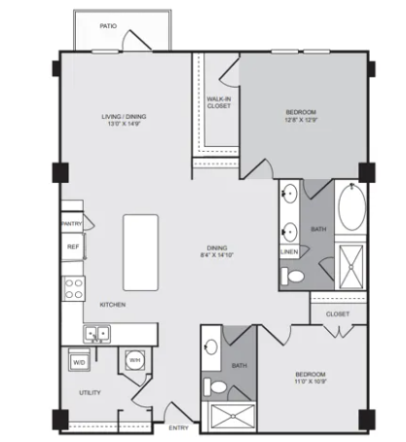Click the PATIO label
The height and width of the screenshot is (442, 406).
[x=108, y=26]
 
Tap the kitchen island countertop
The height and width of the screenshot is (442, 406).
[x=140, y=252]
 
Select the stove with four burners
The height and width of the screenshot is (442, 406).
[x=74, y=288]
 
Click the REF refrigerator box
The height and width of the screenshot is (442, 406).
[x=73, y=246]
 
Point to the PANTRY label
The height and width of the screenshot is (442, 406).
[x=72, y=224]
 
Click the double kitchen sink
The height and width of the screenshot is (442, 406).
[x=96, y=334]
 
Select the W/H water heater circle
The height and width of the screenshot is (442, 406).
[x=134, y=360]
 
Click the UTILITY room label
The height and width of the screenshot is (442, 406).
[x=90, y=392]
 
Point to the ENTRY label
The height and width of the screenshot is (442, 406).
[x=178, y=428]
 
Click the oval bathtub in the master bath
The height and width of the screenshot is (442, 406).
[x=351, y=207]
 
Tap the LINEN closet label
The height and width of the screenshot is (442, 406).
[x=289, y=252]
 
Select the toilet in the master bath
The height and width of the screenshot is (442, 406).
[x=293, y=276]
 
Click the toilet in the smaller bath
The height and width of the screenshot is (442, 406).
[x=215, y=387]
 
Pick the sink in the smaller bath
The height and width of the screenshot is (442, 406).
[x=211, y=347]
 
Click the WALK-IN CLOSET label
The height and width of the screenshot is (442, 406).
[x=219, y=102]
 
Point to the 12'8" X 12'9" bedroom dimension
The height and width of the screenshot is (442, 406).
[x=301, y=120]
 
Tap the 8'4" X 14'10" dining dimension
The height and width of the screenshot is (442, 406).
[x=217, y=255]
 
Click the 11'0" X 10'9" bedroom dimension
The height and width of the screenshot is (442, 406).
[x=311, y=382]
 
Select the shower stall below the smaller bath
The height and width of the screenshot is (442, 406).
[x=233, y=417]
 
